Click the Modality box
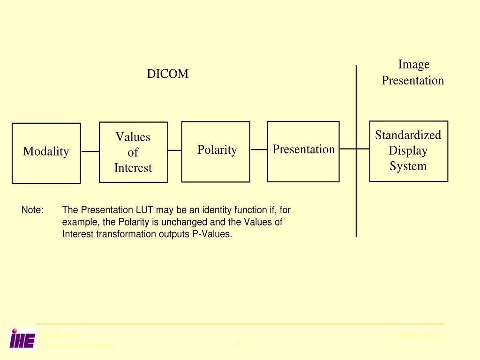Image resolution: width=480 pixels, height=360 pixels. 46,153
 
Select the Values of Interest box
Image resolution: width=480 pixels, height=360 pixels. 133,152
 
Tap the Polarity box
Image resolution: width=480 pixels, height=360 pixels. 216,151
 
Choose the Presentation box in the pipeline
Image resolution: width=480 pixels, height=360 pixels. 303,151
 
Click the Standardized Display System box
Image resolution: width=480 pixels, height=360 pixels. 408,151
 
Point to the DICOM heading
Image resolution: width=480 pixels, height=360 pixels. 167,74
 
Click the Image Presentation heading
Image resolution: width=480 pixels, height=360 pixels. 412,72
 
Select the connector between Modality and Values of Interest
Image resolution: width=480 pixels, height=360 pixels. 90,151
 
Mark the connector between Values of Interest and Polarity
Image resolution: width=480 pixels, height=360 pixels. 175,150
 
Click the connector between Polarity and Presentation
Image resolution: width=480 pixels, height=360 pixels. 259,150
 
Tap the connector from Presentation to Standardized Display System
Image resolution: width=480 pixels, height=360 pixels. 354,149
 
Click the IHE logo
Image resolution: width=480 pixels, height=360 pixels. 22,338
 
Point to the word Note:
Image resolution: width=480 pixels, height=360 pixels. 32,210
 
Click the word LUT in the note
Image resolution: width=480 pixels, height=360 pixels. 145,210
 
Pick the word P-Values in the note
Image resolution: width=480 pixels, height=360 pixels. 212,234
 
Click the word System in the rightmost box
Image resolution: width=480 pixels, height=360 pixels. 408,166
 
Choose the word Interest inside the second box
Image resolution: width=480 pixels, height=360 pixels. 133,168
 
